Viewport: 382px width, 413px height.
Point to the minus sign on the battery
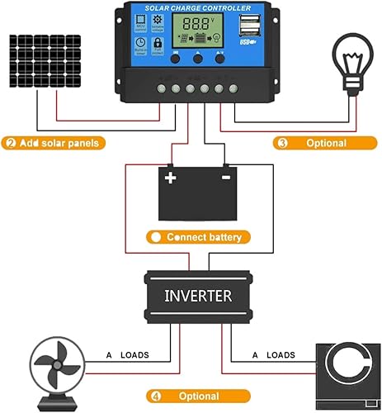point(224,178)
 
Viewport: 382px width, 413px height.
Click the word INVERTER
point(198,295)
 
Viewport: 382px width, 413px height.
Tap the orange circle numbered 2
point(11,143)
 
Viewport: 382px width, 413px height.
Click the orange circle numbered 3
point(283,143)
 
